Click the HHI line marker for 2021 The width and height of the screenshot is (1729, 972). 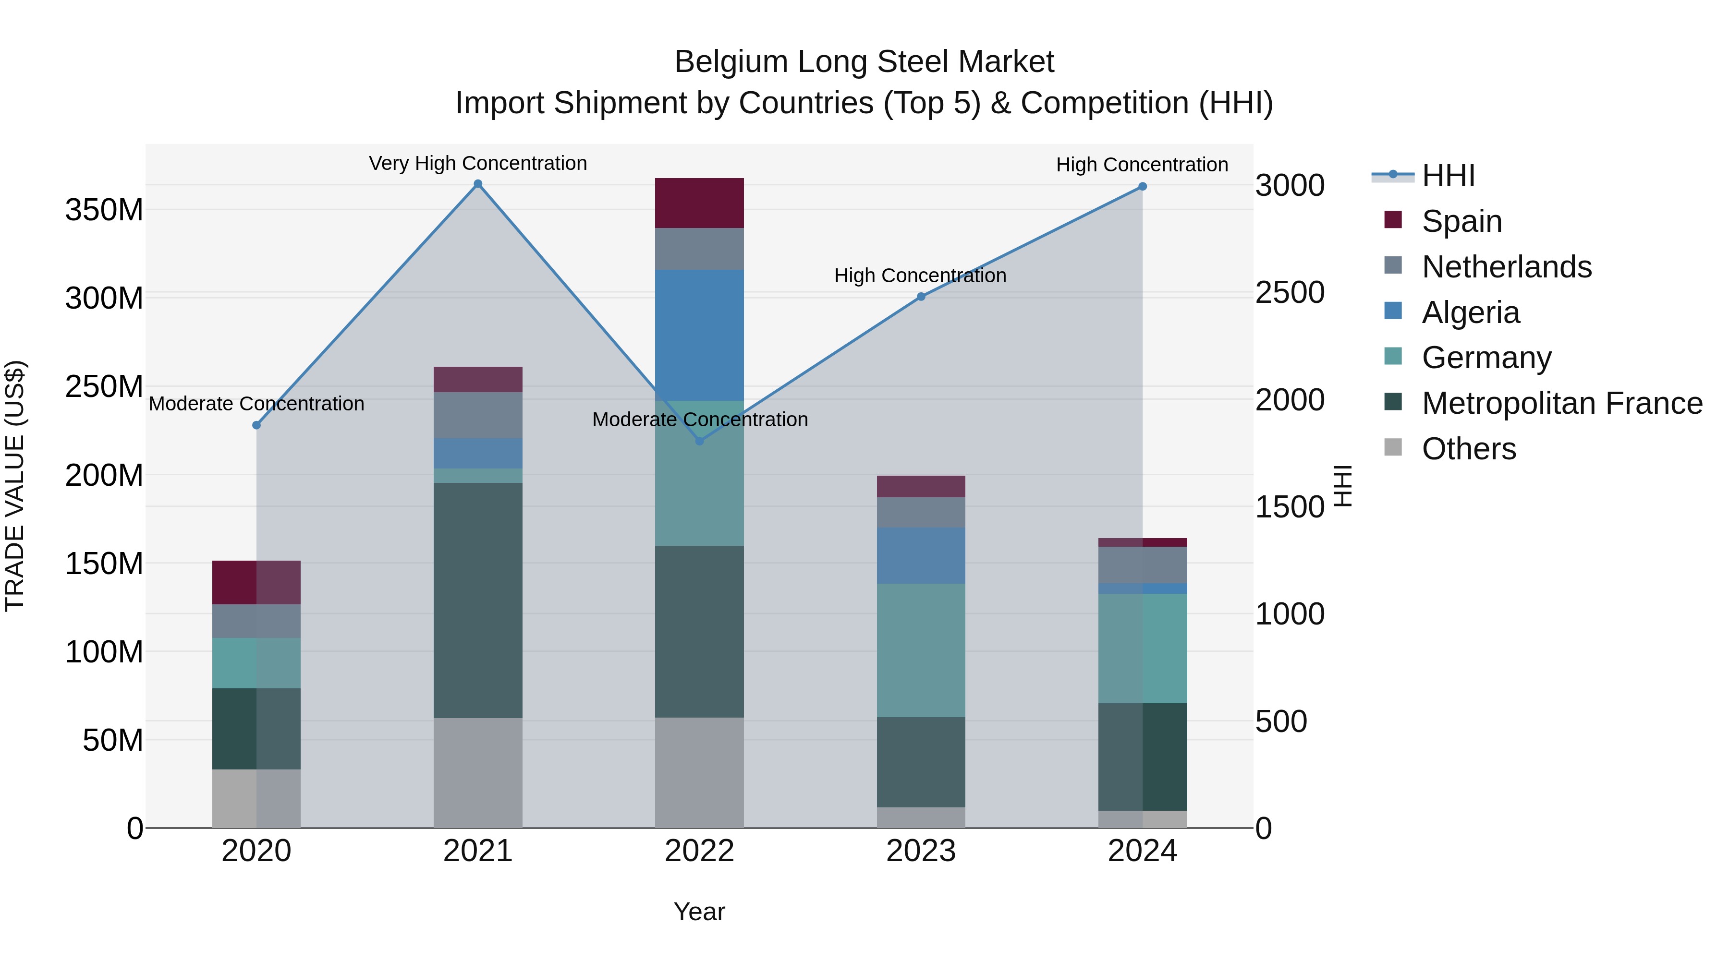coord(478,184)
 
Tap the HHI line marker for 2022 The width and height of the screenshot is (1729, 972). coord(699,441)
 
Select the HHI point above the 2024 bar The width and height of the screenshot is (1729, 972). coord(1143,187)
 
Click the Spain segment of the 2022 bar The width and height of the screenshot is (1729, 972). coord(699,203)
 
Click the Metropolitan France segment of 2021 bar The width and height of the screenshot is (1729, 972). coord(478,600)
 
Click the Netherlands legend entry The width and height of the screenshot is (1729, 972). coord(1506,267)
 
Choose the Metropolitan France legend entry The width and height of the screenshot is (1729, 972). coord(1561,403)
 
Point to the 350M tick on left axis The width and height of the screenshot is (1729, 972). coord(104,210)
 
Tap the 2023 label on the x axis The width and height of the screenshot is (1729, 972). coord(921,851)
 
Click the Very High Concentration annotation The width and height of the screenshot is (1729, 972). coord(478,163)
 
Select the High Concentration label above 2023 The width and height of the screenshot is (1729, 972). coord(920,275)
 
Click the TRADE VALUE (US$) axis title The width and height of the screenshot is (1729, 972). coord(15,486)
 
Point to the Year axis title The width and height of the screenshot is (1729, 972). coord(699,912)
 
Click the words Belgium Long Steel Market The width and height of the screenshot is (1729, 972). coord(864,62)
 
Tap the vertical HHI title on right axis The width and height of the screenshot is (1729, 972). coord(1342,486)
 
